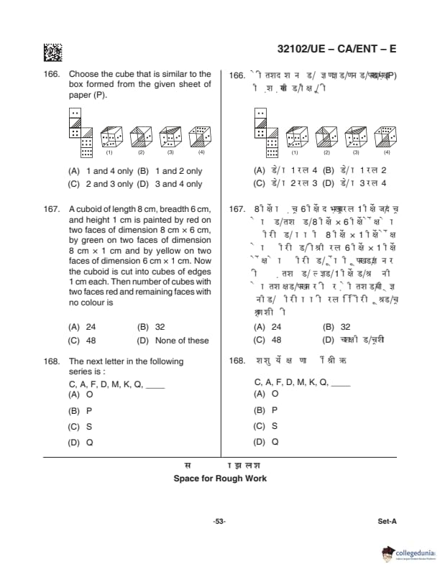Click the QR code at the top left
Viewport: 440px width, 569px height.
click(52, 52)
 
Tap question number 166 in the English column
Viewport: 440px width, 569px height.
click(51, 74)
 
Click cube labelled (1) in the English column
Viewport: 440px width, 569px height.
click(109, 137)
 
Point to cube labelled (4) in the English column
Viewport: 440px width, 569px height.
click(201, 137)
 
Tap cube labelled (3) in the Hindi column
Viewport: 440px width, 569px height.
click(356, 137)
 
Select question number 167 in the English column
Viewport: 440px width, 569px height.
click(51, 210)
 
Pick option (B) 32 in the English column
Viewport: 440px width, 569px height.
click(151, 326)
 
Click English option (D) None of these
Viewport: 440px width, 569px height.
click(173, 341)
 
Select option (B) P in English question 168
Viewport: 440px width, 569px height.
click(80, 410)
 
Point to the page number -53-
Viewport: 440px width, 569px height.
click(220, 522)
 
